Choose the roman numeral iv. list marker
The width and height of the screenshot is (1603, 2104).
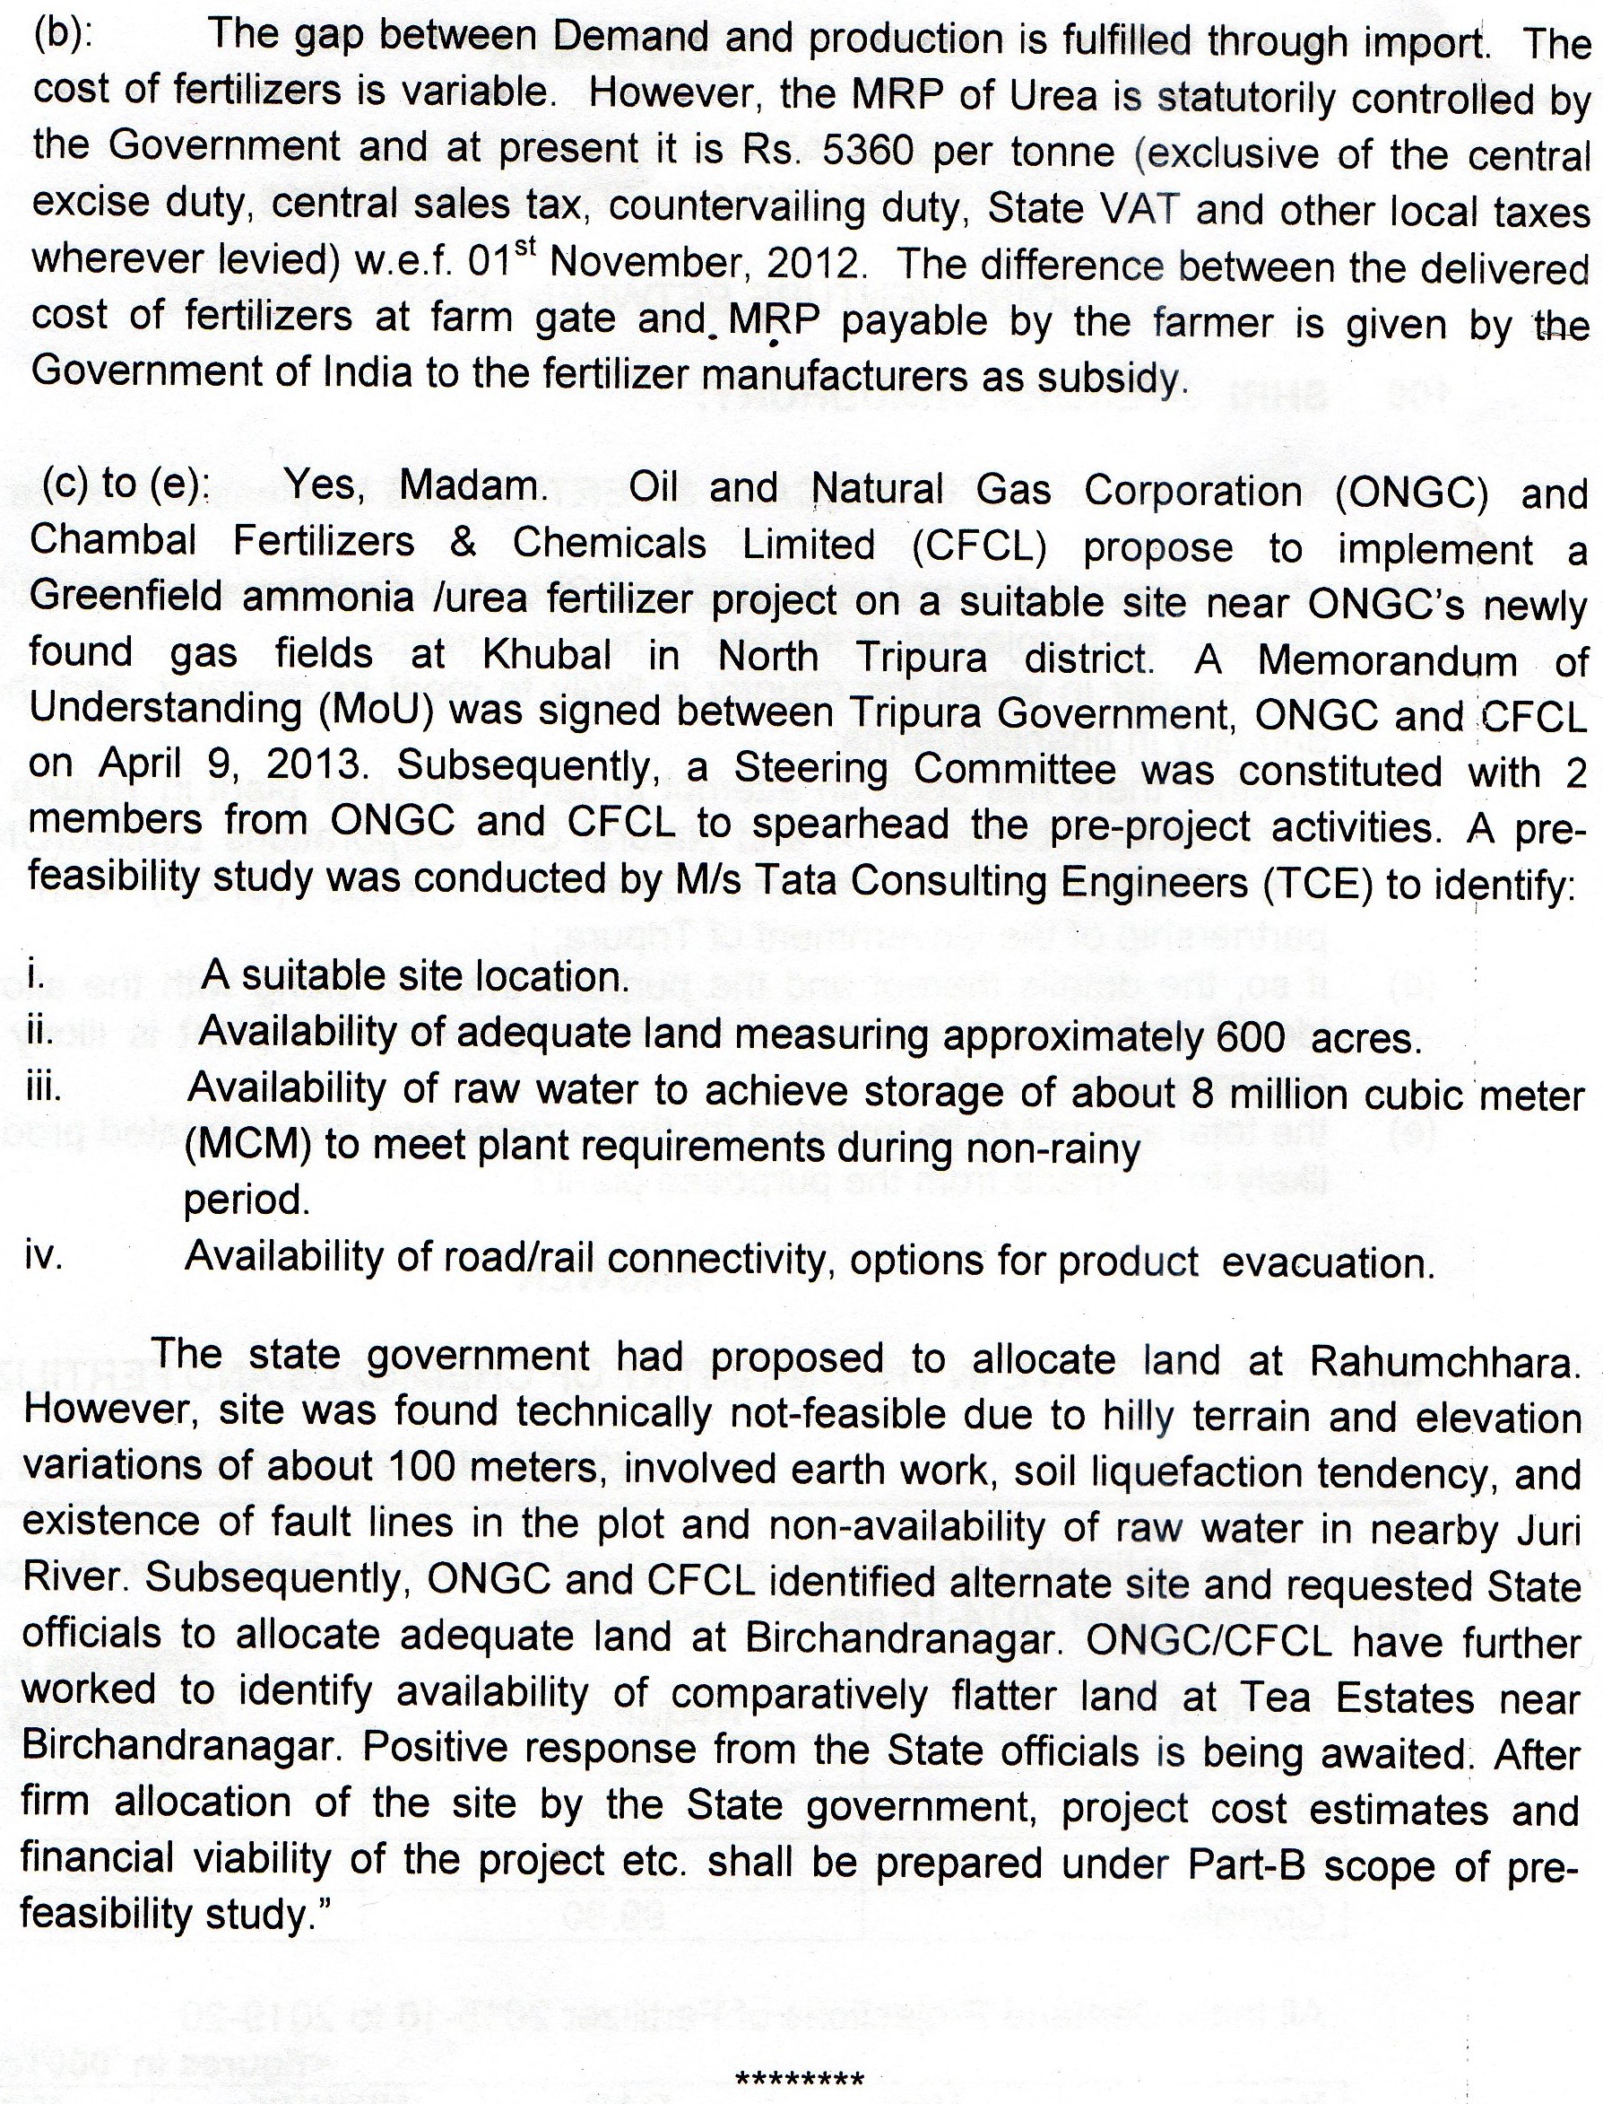click(x=44, y=1256)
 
